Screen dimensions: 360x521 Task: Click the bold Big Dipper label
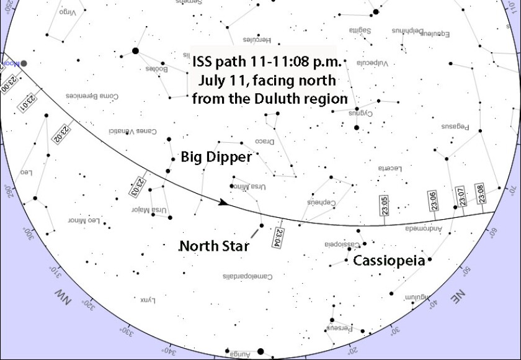[216, 157]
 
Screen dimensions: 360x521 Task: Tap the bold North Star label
[214, 246]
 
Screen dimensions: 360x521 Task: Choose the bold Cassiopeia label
[389, 261]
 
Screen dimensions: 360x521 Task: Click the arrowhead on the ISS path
[223, 202]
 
